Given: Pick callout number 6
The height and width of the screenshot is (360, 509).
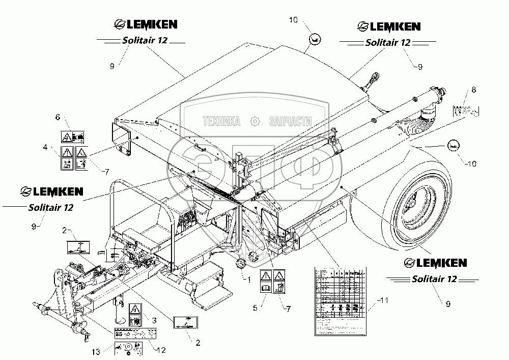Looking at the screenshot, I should click(58, 118).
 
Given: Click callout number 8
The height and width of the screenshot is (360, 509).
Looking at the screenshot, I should click(473, 90).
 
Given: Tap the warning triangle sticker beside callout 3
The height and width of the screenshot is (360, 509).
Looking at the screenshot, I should click(134, 309).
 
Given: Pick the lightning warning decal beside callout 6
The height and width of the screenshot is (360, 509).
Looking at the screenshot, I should click(66, 136).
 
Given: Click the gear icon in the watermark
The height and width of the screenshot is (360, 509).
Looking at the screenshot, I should click(253, 121).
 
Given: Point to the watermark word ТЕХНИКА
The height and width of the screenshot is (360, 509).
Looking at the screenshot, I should click(221, 121).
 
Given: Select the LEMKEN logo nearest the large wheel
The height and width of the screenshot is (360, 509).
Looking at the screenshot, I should click(435, 262).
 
